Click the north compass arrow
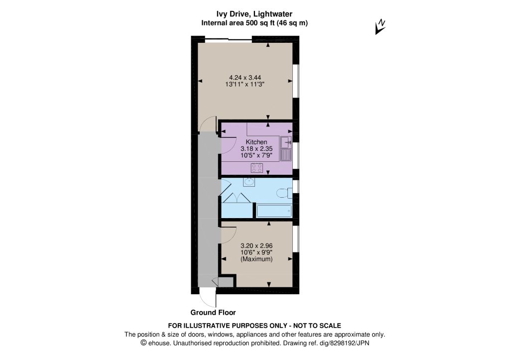click(380, 27)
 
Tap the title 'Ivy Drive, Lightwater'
click(255, 14)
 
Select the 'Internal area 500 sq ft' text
click(238, 23)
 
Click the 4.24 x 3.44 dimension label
click(245, 78)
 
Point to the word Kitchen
click(256, 142)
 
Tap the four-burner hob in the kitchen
click(257, 168)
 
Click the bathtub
click(273, 211)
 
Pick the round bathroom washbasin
click(249, 182)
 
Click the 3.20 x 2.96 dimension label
click(256, 246)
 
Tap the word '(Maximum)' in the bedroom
click(256, 259)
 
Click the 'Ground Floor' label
click(213, 313)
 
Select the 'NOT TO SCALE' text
click(317, 326)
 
